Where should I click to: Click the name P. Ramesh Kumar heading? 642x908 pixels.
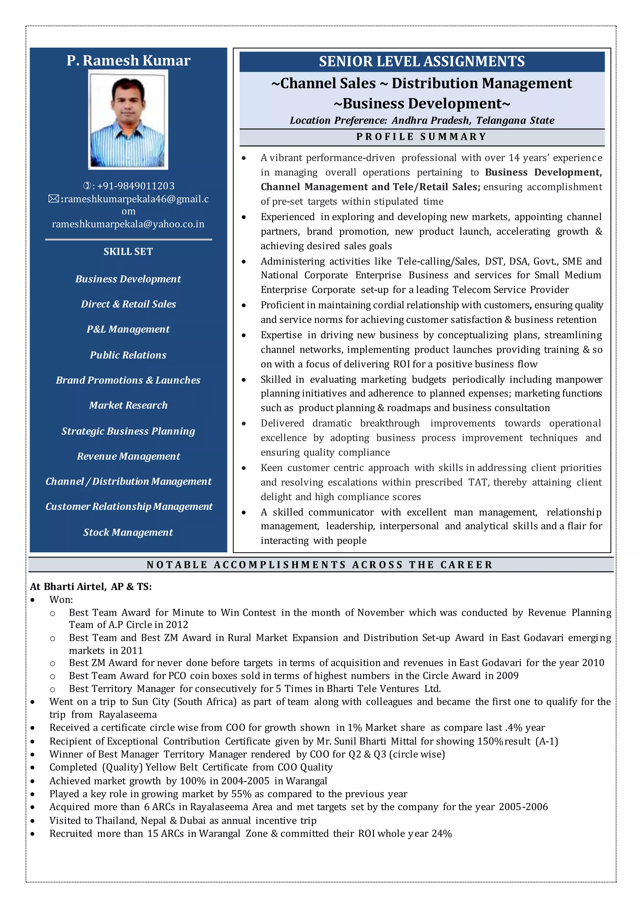pyautogui.click(x=128, y=61)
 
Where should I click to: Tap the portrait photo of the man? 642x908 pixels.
pyautogui.click(x=128, y=120)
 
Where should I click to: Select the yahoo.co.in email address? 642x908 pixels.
pyautogui.click(x=128, y=224)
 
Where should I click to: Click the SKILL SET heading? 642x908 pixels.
pyautogui.click(x=128, y=251)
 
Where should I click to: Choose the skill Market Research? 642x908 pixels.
pyautogui.click(x=128, y=405)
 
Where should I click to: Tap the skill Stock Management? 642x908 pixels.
pyautogui.click(x=128, y=532)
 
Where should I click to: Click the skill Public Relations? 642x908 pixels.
pyautogui.click(x=128, y=355)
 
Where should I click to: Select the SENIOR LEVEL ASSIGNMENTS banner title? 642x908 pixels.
pyautogui.click(x=422, y=62)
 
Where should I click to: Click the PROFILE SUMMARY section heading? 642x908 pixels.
pyautogui.click(x=422, y=137)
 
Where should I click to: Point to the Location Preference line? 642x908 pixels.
pyautogui.click(x=422, y=121)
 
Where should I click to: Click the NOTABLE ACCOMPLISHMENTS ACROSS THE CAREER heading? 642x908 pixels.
pyautogui.click(x=320, y=565)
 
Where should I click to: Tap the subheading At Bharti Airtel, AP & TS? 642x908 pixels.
pyautogui.click(x=91, y=587)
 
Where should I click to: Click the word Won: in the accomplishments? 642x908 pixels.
pyautogui.click(x=61, y=599)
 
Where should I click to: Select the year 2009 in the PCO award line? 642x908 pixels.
pyautogui.click(x=507, y=676)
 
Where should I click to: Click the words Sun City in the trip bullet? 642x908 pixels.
pyautogui.click(x=150, y=702)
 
